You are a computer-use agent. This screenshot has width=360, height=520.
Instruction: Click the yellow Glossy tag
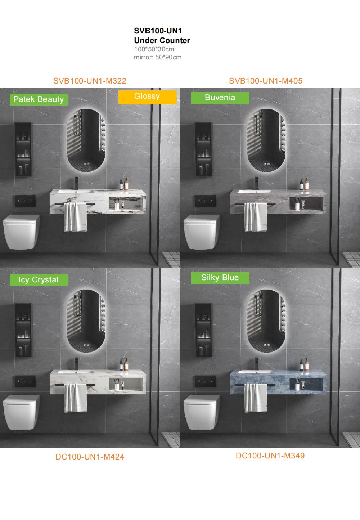coord(147,97)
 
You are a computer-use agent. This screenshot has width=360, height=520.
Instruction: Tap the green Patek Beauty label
coord(39,99)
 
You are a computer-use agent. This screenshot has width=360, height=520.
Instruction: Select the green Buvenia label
coord(220,98)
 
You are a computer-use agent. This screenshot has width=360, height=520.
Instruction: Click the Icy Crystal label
coord(39,280)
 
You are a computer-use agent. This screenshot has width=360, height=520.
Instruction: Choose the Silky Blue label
coord(220,278)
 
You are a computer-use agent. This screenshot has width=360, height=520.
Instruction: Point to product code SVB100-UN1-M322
coord(90,81)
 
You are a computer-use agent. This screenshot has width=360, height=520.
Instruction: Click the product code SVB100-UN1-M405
coord(266,81)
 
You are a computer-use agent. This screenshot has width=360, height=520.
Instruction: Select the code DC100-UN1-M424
coord(90,457)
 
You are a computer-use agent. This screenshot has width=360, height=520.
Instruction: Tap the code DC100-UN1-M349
coord(270,456)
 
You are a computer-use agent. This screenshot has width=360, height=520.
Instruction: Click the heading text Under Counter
coord(162,41)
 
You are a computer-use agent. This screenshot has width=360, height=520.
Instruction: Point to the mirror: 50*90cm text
coord(158,57)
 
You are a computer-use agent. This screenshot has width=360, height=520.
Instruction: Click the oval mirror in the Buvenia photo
coord(266,140)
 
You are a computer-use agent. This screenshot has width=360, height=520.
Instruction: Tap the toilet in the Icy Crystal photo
coord(21,412)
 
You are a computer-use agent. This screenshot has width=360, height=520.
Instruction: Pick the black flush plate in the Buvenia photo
coord(206,201)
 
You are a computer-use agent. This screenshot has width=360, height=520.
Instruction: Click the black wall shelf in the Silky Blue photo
coord(203,330)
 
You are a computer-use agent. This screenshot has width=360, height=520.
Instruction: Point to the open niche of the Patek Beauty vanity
coord(126,204)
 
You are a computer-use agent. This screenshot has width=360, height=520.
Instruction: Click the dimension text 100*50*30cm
coord(154,49)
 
